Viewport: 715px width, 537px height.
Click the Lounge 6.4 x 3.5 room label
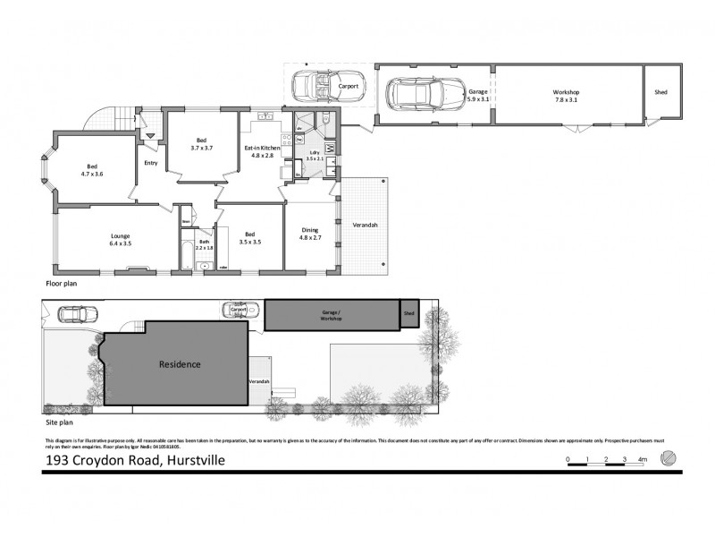click(120, 240)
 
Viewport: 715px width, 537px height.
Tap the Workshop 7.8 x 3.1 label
click(567, 96)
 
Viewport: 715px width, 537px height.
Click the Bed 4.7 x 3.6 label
click(92, 169)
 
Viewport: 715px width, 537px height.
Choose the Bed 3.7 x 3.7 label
click(202, 143)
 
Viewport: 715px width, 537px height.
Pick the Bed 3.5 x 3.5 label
click(248, 238)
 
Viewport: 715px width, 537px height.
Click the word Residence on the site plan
click(180, 364)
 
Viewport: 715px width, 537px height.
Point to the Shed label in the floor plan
click(660, 92)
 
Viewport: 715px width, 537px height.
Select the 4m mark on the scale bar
click(643, 460)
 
